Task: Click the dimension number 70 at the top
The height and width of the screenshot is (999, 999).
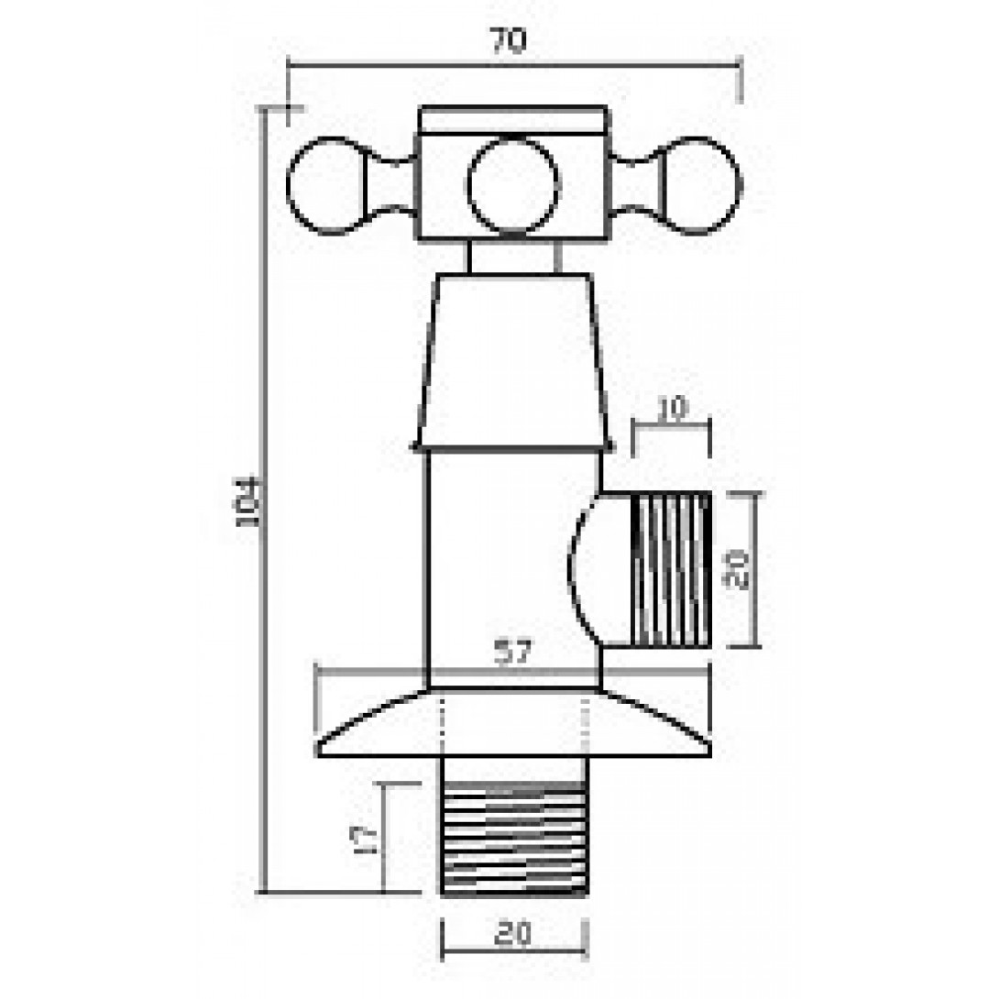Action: click(x=509, y=41)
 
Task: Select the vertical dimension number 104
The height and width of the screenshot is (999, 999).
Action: click(x=248, y=500)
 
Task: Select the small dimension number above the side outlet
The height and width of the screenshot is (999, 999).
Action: click(x=672, y=409)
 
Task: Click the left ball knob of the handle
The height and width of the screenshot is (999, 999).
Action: click(x=321, y=186)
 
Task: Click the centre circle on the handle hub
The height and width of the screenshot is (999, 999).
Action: click(x=512, y=186)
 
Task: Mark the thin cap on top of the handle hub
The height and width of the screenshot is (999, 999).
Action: click(x=513, y=120)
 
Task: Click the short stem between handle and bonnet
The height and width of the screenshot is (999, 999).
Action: click(x=513, y=257)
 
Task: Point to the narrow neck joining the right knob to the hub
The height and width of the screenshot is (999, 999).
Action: click(x=634, y=186)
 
